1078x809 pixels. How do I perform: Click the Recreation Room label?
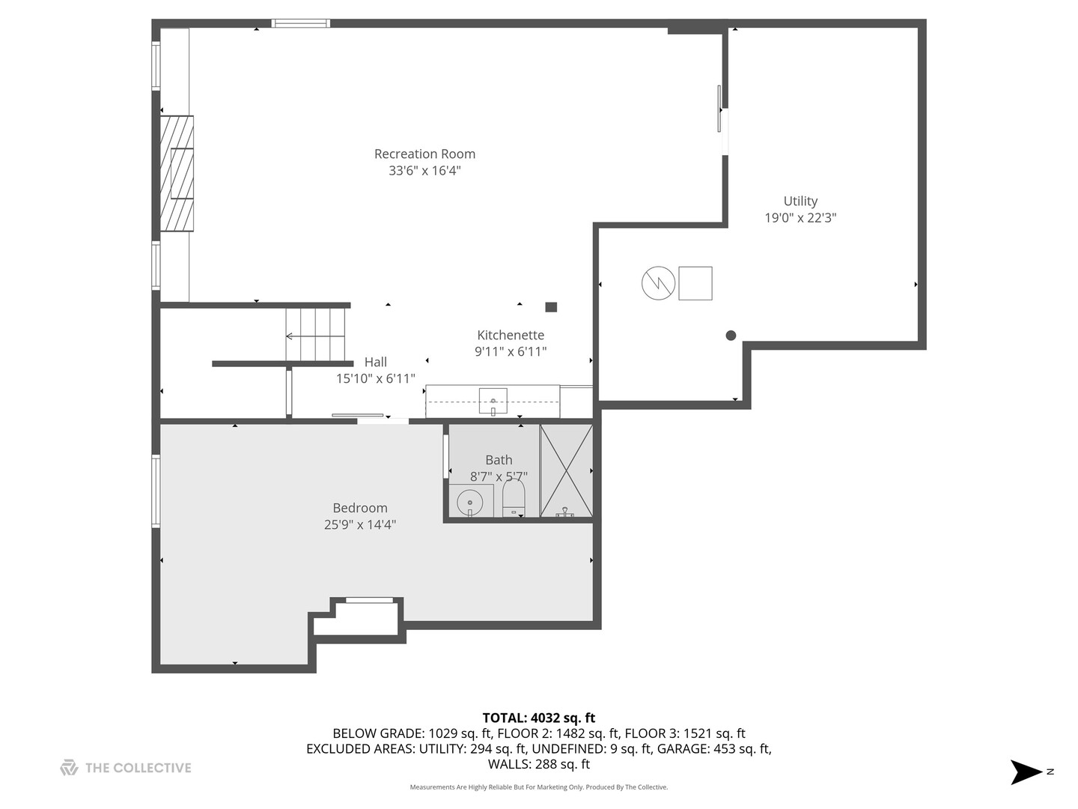pyautogui.click(x=424, y=154)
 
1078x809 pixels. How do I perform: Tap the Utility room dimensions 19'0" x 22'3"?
pyautogui.click(x=800, y=218)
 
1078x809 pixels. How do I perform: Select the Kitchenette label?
pyautogui.click(x=511, y=335)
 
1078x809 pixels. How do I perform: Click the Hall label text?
pyautogui.click(x=375, y=362)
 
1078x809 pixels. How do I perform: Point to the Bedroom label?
pyautogui.click(x=360, y=508)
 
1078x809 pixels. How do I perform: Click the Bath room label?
pyautogui.click(x=499, y=460)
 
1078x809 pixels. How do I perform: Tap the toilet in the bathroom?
pyautogui.click(x=514, y=497)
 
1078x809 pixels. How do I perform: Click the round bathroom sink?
pyautogui.click(x=470, y=500)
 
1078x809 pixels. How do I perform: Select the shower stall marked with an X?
pyautogui.click(x=566, y=470)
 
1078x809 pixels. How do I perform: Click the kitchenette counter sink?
pyautogui.click(x=493, y=402)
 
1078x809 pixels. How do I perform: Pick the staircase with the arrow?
pyautogui.click(x=315, y=335)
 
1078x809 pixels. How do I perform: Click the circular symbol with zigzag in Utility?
pyautogui.click(x=658, y=283)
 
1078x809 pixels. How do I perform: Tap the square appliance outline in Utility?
pyautogui.click(x=695, y=283)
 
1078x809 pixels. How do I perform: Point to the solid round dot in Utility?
pyautogui.click(x=731, y=336)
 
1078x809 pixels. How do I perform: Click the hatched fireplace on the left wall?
pyautogui.click(x=177, y=174)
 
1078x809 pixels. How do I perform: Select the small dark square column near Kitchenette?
pyautogui.click(x=551, y=307)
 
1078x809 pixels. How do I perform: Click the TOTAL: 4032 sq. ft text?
pyautogui.click(x=538, y=718)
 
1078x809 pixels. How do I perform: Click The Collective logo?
pyautogui.click(x=126, y=768)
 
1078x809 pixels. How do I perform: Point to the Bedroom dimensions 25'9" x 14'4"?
pyautogui.click(x=360, y=525)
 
